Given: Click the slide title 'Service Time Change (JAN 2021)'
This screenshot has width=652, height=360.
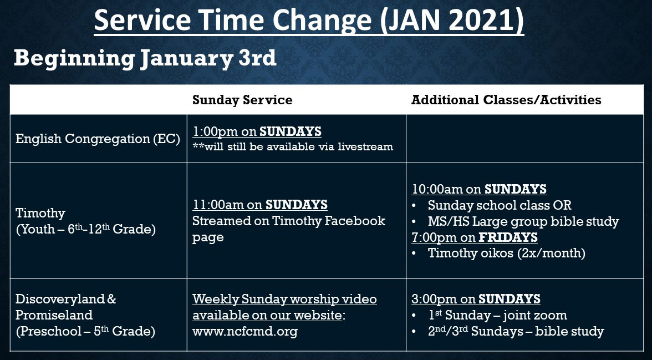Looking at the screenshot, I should (x=309, y=21).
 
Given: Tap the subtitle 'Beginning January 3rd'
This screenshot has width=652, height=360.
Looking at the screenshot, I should (x=145, y=58).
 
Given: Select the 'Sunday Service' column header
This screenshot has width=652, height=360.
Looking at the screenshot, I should (x=242, y=100).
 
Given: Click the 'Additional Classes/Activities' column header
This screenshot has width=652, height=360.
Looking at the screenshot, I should (x=506, y=100).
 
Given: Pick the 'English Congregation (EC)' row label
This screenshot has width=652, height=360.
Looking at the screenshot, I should (x=98, y=139).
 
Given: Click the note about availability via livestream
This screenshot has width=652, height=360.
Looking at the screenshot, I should (x=293, y=147).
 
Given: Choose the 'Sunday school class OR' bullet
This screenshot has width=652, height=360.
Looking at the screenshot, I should (x=499, y=205).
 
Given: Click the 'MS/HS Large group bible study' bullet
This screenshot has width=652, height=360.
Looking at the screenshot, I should (x=523, y=222).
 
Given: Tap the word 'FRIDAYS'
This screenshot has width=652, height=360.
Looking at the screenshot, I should (x=508, y=238).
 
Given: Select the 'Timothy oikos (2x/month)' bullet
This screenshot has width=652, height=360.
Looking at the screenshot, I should (x=506, y=253).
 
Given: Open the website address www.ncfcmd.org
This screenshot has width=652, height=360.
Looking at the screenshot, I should (x=245, y=332).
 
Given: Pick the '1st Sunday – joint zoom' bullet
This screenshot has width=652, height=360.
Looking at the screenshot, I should (x=497, y=316).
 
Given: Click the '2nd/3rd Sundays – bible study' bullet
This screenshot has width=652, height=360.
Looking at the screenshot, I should (x=515, y=332).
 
